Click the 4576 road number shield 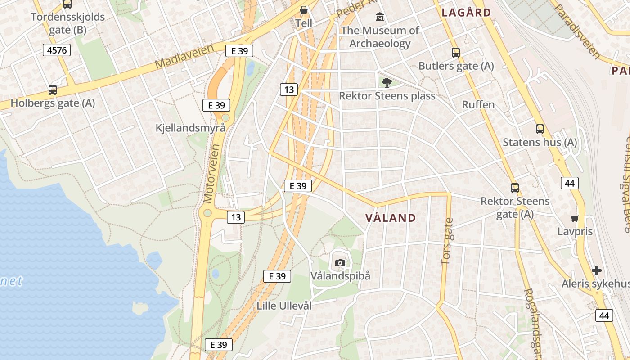(x=57, y=50)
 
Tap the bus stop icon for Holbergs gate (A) (x=53, y=90)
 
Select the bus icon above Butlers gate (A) (x=456, y=53)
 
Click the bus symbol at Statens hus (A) (x=540, y=129)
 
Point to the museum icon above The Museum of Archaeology (x=380, y=18)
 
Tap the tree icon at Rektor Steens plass (x=387, y=82)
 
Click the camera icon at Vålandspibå (x=340, y=263)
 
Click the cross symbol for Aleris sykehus (x=597, y=270)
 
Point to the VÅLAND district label (x=391, y=218)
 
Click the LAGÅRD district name (x=466, y=12)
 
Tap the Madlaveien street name (x=184, y=57)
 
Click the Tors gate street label (x=448, y=242)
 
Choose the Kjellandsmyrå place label (x=190, y=128)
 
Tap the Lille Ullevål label (x=284, y=306)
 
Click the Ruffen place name (x=478, y=105)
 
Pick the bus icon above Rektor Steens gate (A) (x=515, y=188)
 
